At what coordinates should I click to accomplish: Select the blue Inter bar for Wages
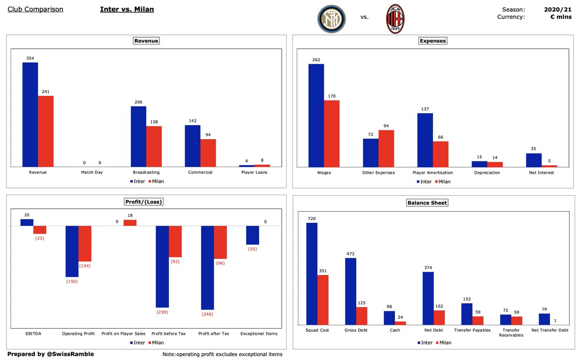(x=316, y=115)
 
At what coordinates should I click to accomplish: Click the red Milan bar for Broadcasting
(x=154, y=146)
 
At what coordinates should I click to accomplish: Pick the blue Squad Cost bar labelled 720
(x=312, y=274)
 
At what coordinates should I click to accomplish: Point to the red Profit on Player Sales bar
(x=130, y=223)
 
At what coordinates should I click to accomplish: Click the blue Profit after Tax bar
(x=207, y=267)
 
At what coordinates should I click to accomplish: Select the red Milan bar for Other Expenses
(x=386, y=148)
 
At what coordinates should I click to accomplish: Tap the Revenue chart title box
(x=146, y=41)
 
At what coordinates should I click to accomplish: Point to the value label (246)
(x=207, y=314)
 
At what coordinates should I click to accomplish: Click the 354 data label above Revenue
(x=30, y=58)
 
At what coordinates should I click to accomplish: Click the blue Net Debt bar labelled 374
(x=428, y=298)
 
